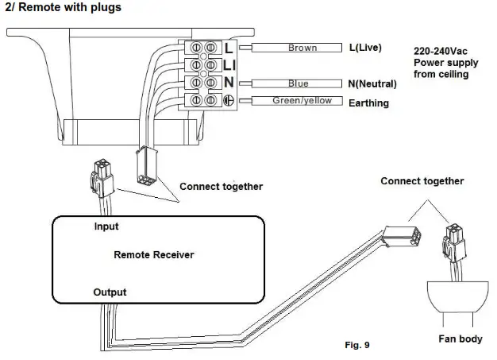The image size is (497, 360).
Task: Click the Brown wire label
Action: click(x=302, y=48)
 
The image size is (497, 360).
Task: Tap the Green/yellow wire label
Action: click(x=302, y=101)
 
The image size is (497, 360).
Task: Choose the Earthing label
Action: click(x=369, y=103)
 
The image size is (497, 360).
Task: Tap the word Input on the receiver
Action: click(x=106, y=226)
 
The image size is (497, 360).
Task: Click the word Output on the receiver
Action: click(x=110, y=292)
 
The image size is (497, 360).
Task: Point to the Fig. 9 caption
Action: click(x=357, y=346)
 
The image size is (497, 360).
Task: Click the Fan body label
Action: click(x=460, y=339)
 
